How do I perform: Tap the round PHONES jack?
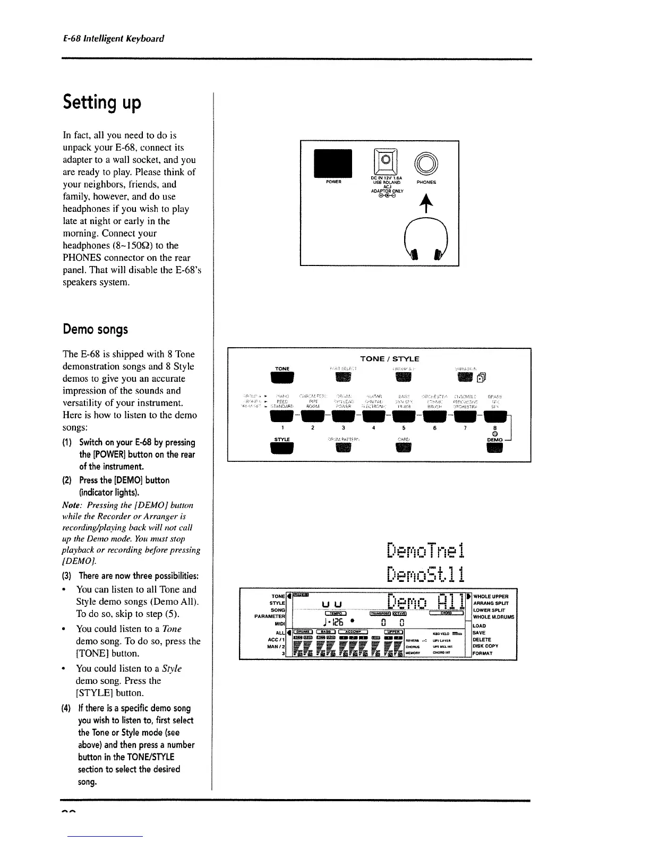pos(425,162)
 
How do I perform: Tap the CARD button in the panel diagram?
pos(404,448)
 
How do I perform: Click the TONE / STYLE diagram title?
pos(389,359)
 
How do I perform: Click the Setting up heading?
pos(102,102)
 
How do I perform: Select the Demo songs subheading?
pos(95,329)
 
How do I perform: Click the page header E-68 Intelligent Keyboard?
pos(113,38)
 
